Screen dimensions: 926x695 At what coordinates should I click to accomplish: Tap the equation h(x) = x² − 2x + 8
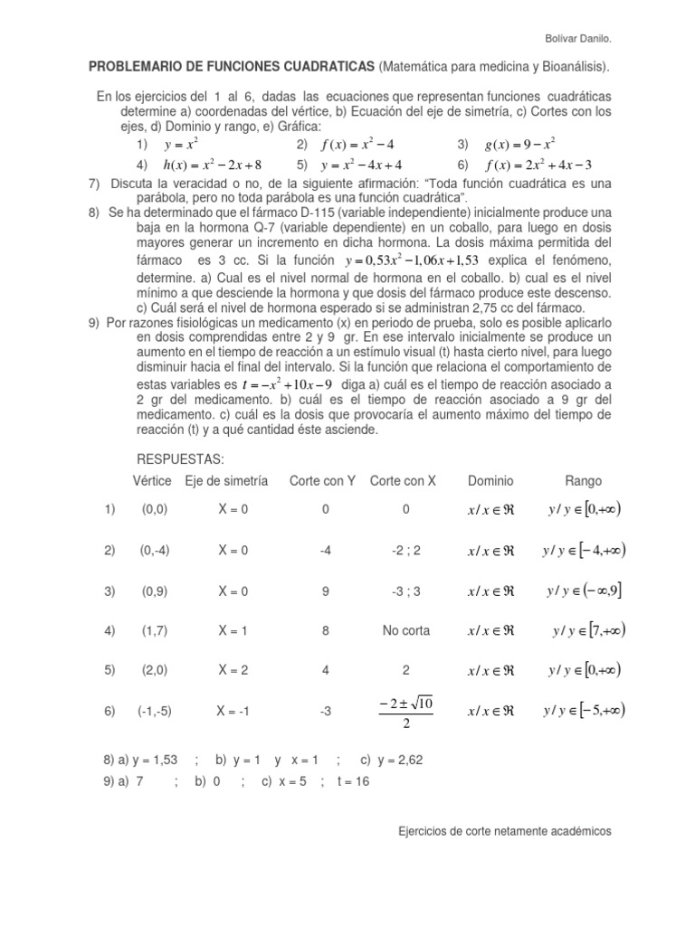[211, 165]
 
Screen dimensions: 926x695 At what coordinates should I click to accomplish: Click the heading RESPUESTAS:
[178, 458]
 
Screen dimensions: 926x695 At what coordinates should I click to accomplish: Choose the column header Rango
[584, 481]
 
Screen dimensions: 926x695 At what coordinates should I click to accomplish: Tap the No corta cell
[405, 629]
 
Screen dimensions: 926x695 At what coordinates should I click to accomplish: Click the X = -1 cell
[233, 711]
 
